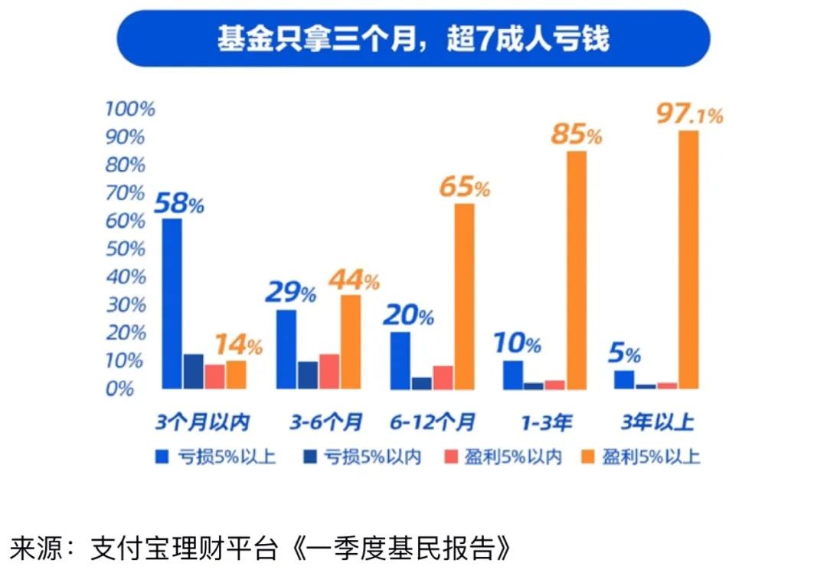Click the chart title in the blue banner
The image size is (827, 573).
pyautogui.click(x=413, y=38)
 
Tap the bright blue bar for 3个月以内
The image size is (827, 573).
pyautogui.click(x=172, y=303)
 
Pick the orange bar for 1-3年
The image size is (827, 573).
pyautogui.click(x=576, y=270)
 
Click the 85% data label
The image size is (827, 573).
pyautogui.click(x=576, y=136)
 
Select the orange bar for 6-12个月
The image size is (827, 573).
pyautogui.click(x=464, y=296)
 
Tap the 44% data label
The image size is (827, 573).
pyautogui.click(x=354, y=280)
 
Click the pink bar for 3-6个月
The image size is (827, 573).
pyautogui.click(x=329, y=371)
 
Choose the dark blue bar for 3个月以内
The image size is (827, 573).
pyautogui.click(x=194, y=371)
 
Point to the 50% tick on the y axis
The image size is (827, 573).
pyautogui.click(x=126, y=249)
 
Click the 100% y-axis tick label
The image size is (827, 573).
pyautogui.click(x=129, y=109)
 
